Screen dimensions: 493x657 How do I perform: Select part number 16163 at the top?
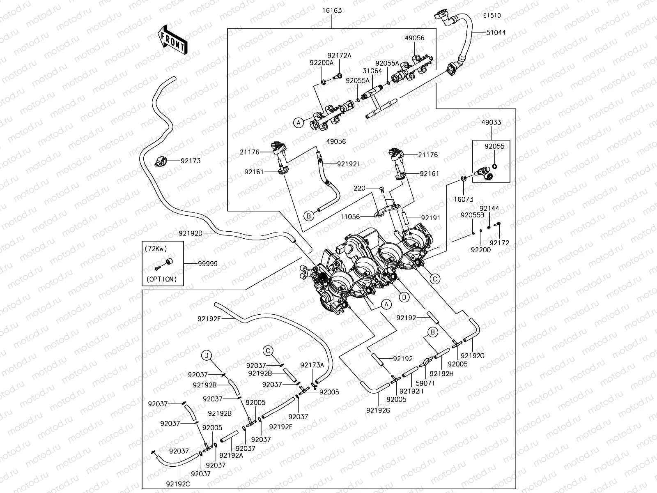332,10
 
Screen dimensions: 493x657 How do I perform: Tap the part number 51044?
496,32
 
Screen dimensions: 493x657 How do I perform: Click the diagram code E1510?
492,16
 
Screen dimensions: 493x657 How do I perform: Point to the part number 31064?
372,71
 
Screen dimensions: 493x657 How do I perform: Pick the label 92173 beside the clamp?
191,161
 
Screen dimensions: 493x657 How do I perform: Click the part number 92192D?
191,233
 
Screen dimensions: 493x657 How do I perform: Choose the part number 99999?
207,264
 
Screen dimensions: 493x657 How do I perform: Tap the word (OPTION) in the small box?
161,279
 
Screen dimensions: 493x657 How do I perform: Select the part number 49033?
491,122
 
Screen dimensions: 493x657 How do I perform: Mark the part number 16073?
464,199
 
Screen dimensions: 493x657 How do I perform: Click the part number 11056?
350,217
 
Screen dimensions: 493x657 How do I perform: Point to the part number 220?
359,189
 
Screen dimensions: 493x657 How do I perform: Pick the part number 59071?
425,383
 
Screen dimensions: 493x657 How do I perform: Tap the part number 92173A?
312,365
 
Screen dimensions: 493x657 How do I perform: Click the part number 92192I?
349,164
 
